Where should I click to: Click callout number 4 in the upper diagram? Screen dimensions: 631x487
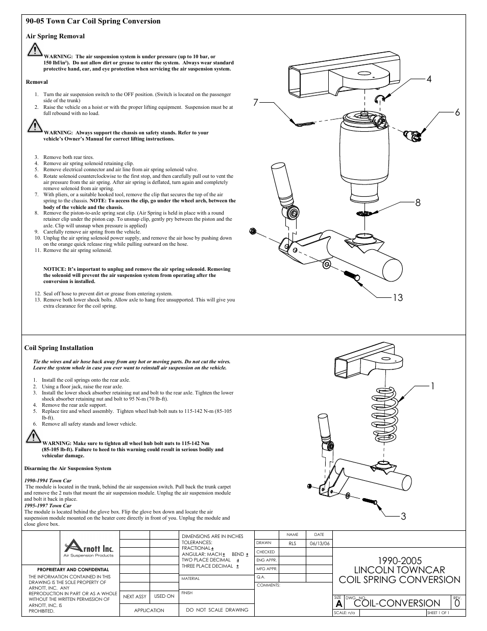429,79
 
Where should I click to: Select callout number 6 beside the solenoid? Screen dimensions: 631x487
457,112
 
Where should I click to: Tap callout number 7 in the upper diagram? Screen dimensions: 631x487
256,103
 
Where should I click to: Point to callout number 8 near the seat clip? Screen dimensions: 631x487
418,202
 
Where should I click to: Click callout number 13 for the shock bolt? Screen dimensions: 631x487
398,297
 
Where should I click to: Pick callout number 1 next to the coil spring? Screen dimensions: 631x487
432,386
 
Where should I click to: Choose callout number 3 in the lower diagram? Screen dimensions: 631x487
403,517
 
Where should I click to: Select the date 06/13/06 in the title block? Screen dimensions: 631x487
320,544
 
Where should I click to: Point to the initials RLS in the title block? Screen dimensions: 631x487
293,544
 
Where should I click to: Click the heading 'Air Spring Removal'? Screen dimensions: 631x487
55,36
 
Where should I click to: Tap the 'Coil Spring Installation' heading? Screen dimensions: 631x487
59,348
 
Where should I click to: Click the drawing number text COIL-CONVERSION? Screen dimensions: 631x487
397,603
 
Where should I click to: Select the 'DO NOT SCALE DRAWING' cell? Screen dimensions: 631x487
217,610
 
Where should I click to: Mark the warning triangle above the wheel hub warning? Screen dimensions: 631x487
33,436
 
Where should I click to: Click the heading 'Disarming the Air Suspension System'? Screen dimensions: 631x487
67,468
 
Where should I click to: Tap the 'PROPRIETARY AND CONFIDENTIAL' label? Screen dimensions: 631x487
73,569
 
